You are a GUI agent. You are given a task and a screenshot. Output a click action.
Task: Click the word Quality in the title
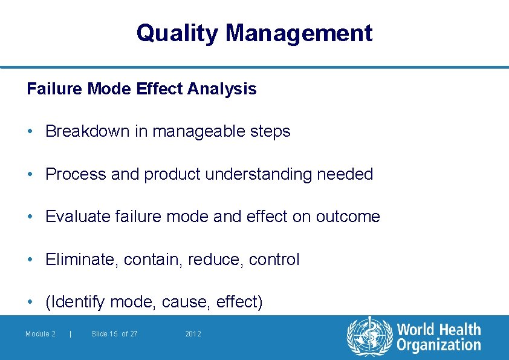(x=178, y=33)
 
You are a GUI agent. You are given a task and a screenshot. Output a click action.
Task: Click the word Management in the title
(x=299, y=33)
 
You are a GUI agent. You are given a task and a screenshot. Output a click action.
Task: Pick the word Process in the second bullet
(x=76, y=174)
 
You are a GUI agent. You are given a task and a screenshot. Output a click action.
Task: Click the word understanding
(x=267, y=174)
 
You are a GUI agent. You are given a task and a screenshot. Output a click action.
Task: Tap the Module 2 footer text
(x=41, y=334)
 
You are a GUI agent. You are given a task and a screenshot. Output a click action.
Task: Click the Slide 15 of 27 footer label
(x=114, y=334)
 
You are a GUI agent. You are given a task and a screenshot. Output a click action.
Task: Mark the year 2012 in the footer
(x=193, y=334)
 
